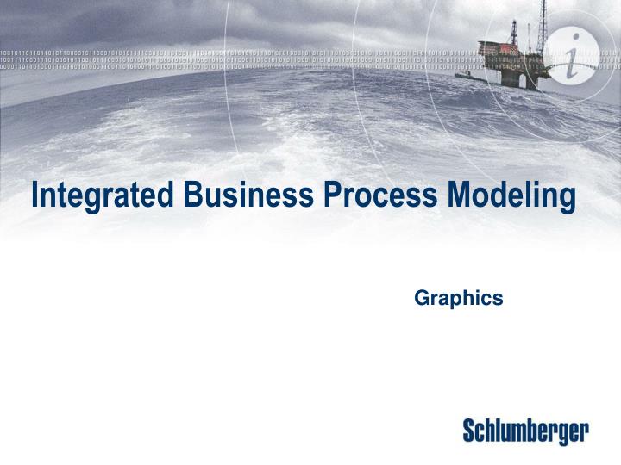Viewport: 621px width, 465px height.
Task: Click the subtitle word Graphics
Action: coord(459,298)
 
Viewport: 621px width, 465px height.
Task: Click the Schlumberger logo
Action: coord(526,431)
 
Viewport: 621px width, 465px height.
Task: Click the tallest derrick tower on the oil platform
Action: coord(543,26)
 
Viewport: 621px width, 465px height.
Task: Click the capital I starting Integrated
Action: coord(34,195)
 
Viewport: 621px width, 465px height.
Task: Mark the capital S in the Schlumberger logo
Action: coord(470,431)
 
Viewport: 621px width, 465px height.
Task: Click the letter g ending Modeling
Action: coord(567,200)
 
